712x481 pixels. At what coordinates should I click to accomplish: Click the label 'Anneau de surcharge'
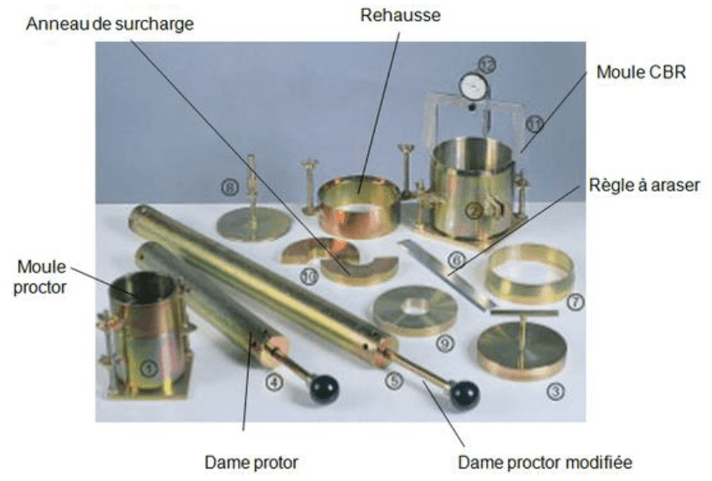(x=110, y=23)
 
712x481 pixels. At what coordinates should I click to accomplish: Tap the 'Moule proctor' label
(x=42, y=278)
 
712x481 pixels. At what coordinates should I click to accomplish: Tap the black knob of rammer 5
(x=464, y=394)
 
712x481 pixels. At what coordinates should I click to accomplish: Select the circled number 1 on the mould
(x=147, y=366)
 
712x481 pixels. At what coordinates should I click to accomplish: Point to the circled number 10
(x=308, y=276)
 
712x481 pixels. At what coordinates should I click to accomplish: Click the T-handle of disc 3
(x=524, y=315)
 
